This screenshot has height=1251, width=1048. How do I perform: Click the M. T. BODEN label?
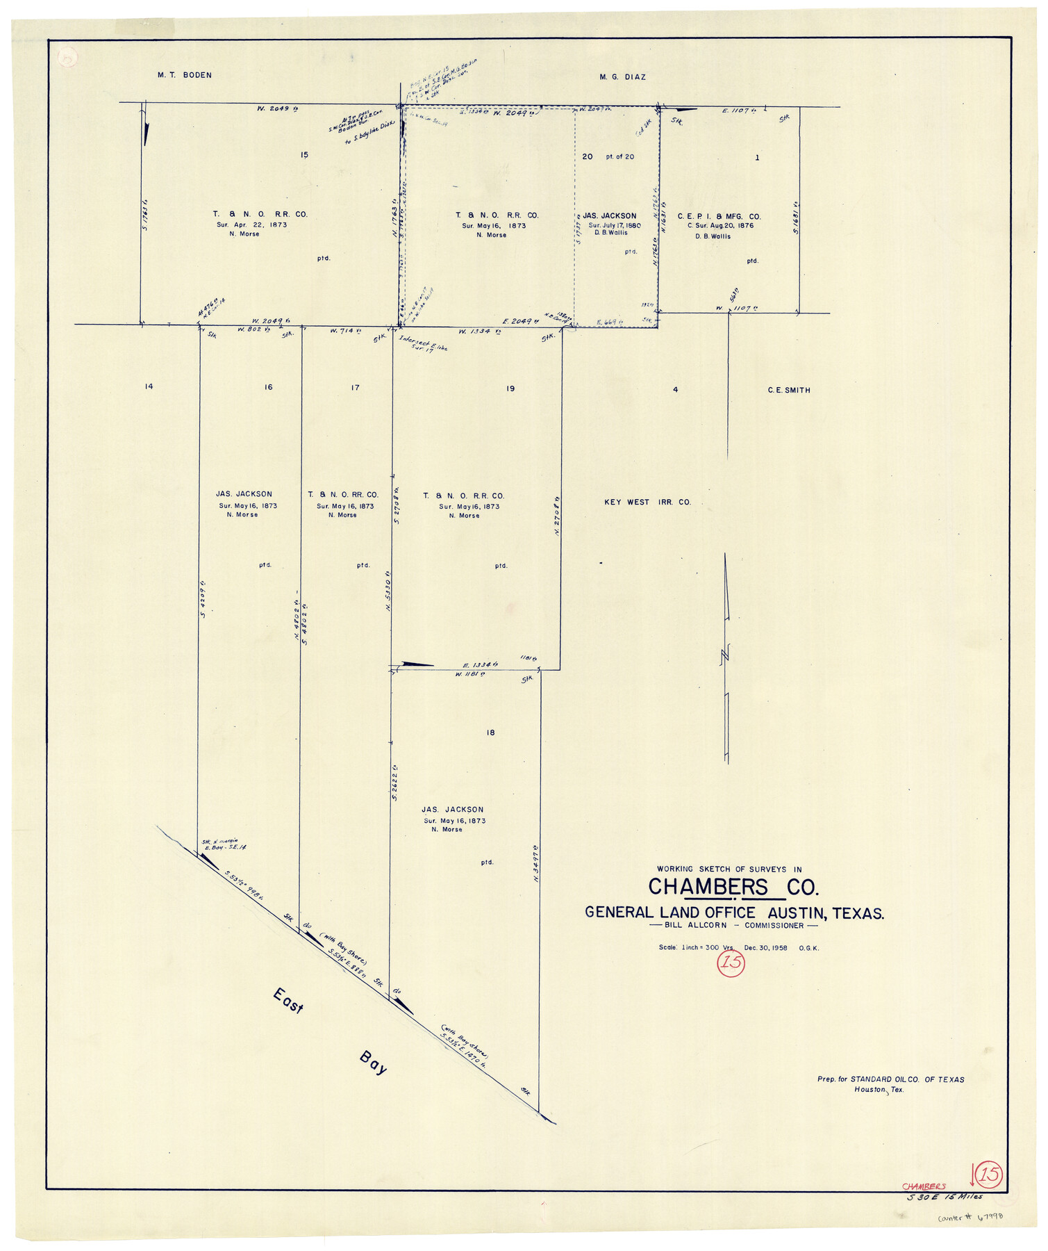tap(184, 75)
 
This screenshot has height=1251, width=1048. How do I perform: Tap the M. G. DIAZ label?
tap(622, 77)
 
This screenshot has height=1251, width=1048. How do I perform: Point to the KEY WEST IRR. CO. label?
tap(647, 502)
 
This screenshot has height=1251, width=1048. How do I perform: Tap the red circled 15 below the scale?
tap(731, 963)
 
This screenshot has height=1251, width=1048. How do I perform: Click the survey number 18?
tap(490, 733)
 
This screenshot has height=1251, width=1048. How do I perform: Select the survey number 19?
tap(510, 389)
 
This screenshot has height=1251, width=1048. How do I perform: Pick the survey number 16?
tap(268, 387)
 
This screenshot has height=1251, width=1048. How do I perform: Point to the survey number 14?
tap(149, 386)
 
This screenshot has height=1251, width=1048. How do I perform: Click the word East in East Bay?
tap(288, 1001)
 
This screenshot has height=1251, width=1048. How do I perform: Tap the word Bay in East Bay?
tap(373, 1063)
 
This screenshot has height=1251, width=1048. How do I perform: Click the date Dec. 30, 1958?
tap(765, 948)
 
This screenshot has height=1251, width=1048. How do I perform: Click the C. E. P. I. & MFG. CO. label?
tap(719, 217)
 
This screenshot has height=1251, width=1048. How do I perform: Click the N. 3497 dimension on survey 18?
tap(537, 864)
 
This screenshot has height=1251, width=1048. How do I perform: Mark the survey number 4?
tap(675, 390)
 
